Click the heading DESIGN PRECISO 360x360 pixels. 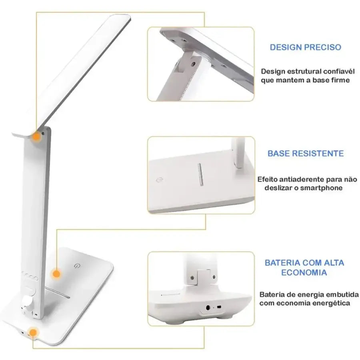tap(305, 47)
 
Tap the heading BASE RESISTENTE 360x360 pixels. tap(306, 153)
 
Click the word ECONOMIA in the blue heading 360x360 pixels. tap(304, 272)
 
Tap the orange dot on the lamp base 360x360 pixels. tap(56, 274)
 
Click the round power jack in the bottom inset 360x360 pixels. tap(208, 307)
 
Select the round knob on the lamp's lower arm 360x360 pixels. tap(28, 302)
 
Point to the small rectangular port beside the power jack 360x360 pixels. tap(219, 307)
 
